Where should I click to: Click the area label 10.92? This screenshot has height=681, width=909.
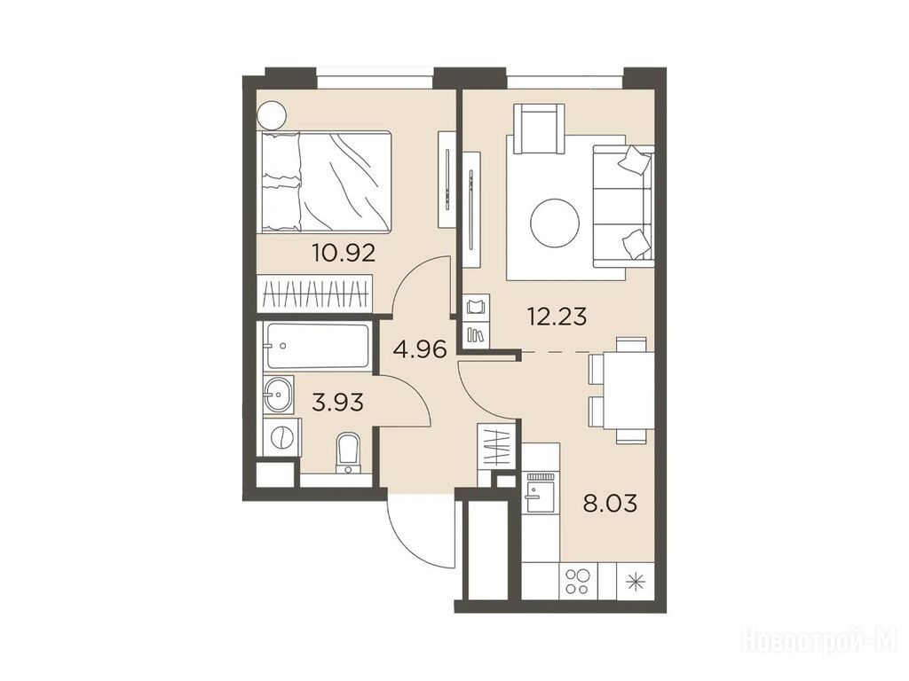(x=344, y=253)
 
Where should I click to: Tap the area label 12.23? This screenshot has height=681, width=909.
(x=557, y=317)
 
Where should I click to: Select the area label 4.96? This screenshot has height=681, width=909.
(x=419, y=349)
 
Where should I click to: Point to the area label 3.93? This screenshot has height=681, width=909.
(x=337, y=402)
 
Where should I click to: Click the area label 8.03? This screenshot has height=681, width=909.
(x=611, y=503)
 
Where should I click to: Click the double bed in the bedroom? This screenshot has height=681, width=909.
(x=325, y=182)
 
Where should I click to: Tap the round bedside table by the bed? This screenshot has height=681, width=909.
(x=272, y=115)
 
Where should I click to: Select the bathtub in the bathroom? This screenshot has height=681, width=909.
(x=317, y=346)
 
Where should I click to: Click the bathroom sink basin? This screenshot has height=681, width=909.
(x=279, y=395)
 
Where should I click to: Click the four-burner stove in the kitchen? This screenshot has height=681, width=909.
(x=578, y=581)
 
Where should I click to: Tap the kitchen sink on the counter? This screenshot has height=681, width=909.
(x=540, y=491)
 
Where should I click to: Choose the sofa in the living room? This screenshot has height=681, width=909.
(x=623, y=206)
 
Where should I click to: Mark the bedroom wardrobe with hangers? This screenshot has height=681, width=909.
(x=315, y=294)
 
